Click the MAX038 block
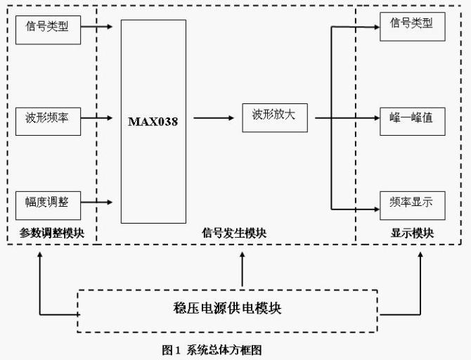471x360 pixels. [153, 121]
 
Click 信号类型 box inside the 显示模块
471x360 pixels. [412, 25]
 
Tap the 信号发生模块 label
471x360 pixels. [234, 233]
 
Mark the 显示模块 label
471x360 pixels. [412, 233]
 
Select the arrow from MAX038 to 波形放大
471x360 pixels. [214, 117]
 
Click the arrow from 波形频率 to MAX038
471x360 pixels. [98, 117]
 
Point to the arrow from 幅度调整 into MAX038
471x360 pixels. [98, 202]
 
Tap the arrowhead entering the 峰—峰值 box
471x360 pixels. [375, 117]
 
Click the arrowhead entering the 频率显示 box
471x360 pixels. [375, 209]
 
